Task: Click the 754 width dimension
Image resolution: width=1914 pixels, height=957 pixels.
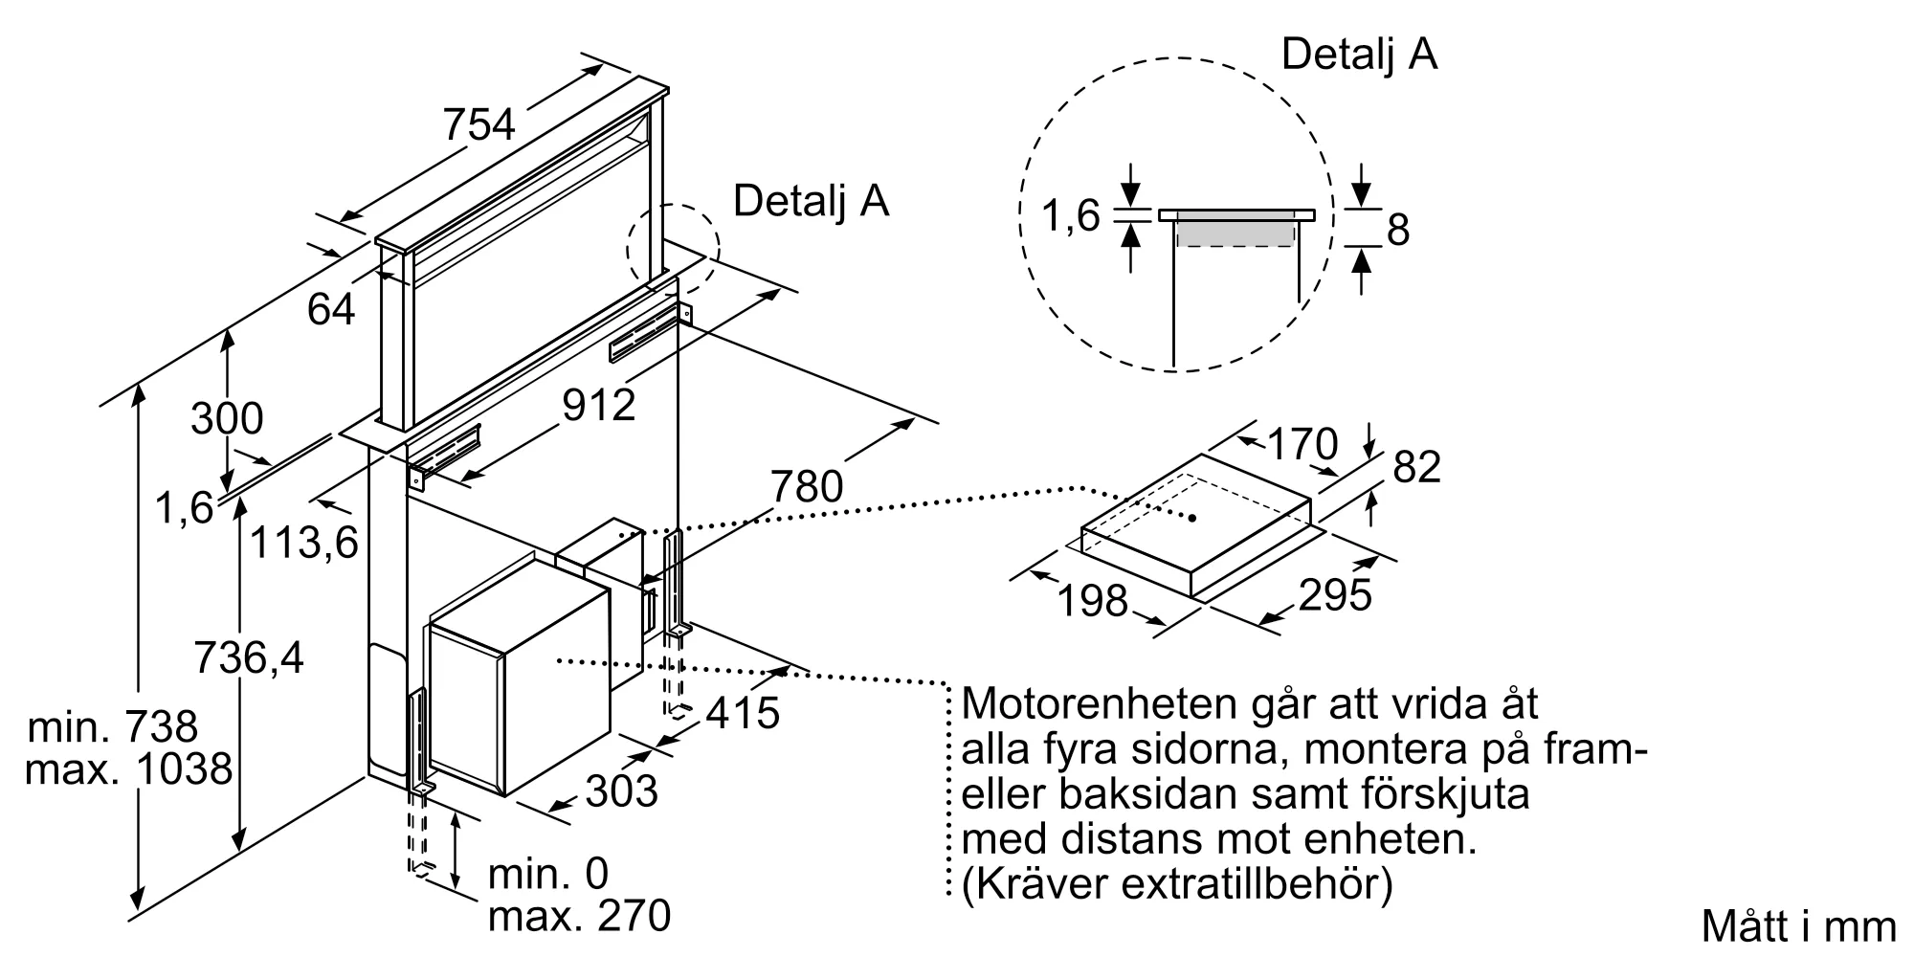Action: [479, 125]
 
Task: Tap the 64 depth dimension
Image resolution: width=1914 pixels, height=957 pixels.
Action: [331, 309]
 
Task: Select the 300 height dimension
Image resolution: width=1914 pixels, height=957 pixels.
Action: [227, 419]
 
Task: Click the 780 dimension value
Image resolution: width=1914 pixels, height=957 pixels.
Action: [807, 487]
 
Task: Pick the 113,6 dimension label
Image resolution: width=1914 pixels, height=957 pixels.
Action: [303, 544]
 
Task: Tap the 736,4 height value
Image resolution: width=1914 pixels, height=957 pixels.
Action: [249, 658]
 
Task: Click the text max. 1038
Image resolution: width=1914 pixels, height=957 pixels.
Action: [129, 769]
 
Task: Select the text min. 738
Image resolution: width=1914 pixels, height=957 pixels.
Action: [113, 727]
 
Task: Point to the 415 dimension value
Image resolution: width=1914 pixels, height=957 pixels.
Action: [744, 713]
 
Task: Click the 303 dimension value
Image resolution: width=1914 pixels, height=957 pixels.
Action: [621, 791]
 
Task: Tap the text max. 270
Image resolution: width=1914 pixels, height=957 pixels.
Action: [579, 917]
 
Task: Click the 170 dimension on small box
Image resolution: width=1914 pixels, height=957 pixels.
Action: [1302, 444]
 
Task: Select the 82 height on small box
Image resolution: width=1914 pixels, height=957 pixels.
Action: [1416, 468]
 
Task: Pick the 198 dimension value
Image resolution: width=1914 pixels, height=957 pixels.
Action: [1093, 601]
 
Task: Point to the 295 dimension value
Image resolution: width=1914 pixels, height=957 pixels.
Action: [1335, 595]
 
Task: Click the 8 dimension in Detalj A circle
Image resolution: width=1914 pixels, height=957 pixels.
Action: [1398, 231]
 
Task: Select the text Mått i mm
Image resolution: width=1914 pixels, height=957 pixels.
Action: [1798, 926]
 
